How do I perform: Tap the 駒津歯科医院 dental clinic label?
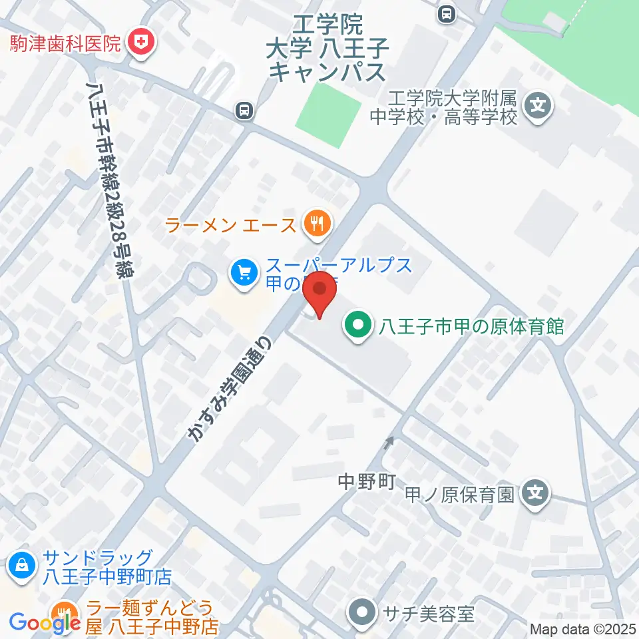coord(65,44)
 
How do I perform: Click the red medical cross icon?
coord(141,44)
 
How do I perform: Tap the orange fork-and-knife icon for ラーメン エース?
coord(315,224)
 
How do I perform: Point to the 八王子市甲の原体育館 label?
coord(471,326)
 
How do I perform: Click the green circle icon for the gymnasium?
coord(358,326)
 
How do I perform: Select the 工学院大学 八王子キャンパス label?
coord(327,49)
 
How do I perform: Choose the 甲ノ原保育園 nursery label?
coord(461,495)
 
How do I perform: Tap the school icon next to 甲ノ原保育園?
coord(536,494)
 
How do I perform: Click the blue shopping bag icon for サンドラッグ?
coord(22,566)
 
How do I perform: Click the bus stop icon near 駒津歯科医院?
coord(245,110)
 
